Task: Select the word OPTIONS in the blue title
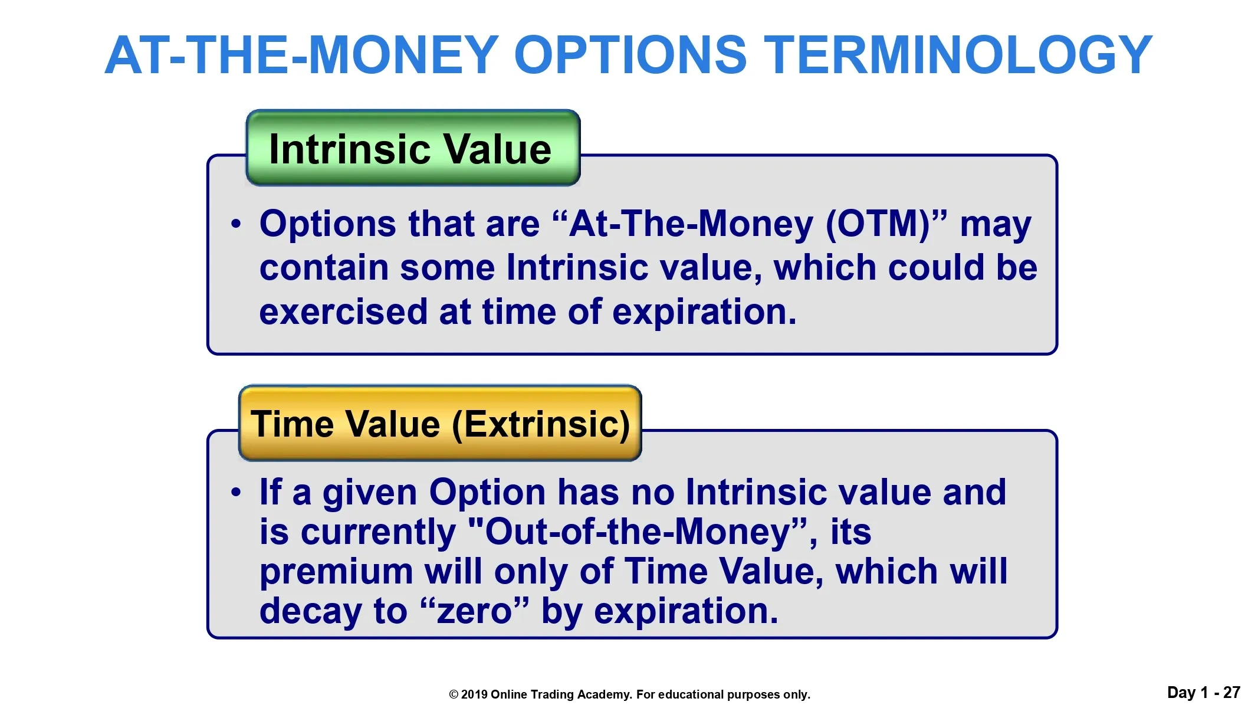coord(630,55)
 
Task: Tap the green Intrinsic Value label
coord(413,147)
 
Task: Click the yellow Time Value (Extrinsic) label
coord(440,423)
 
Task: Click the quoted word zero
coord(474,612)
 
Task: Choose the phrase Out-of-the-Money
coord(638,532)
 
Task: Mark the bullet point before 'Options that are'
coord(237,224)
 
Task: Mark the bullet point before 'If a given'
coord(237,492)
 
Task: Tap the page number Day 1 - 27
coord(1204,693)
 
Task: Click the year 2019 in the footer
coord(474,694)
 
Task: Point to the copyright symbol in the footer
coord(454,694)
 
